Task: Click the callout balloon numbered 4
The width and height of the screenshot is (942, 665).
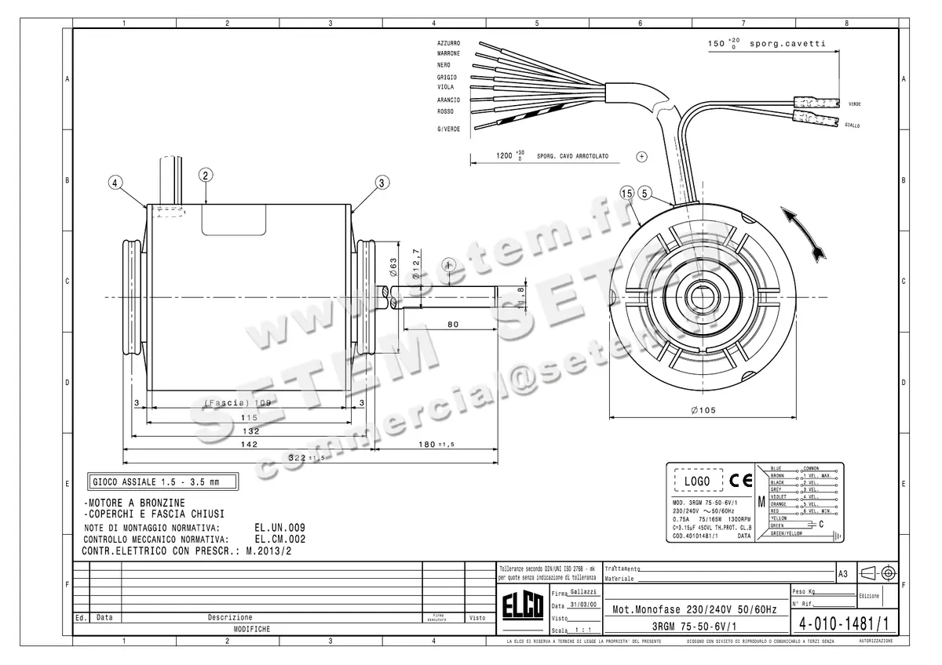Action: point(116,183)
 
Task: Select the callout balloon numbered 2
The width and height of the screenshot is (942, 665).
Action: point(205,175)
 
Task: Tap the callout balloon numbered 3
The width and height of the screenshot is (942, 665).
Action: point(382,183)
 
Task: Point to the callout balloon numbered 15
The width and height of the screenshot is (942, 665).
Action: point(626,193)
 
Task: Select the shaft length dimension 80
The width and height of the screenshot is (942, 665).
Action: point(453,323)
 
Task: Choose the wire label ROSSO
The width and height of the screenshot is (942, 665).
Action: point(445,111)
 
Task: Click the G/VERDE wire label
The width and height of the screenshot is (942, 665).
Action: point(449,129)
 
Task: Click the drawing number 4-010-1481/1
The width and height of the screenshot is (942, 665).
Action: point(843,625)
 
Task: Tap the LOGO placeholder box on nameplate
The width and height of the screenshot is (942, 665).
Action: point(697,481)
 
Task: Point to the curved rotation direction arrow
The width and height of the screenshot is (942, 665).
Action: point(806,233)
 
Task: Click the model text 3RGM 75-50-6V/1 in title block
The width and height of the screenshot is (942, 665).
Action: point(693,626)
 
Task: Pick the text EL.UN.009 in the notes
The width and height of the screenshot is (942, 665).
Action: point(279,528)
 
